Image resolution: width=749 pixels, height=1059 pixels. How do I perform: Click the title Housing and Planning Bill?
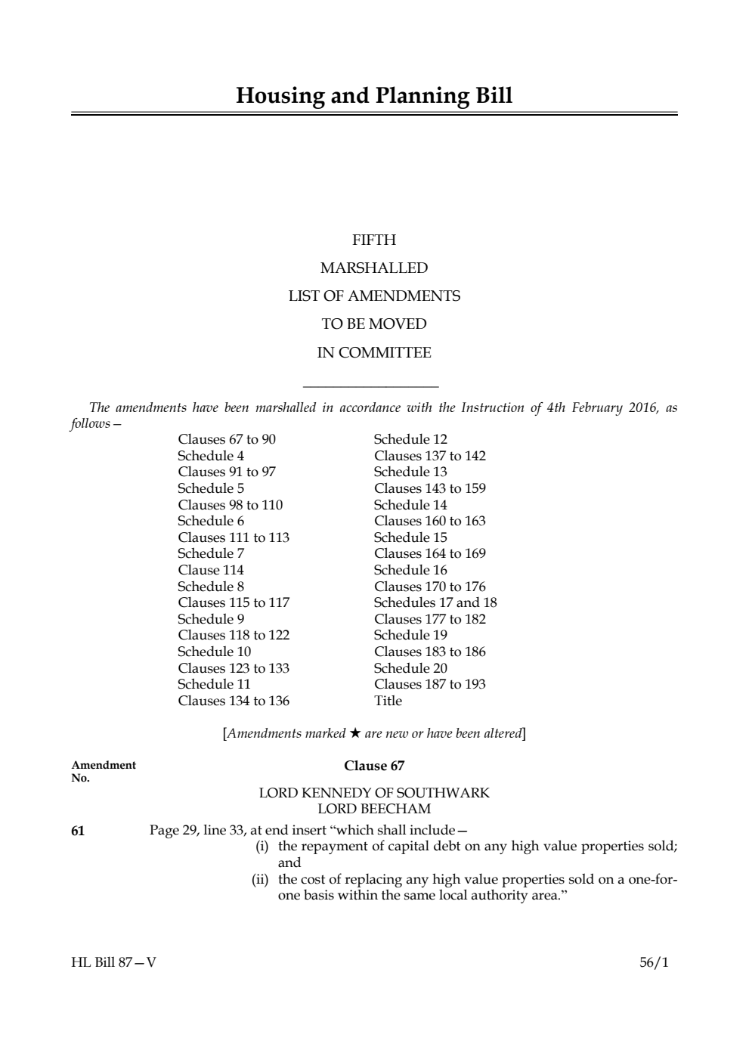(x=374, y=96)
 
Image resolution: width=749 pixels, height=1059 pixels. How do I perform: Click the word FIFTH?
(x=374, y=240)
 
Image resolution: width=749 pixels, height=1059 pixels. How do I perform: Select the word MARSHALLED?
(x=374, y=268)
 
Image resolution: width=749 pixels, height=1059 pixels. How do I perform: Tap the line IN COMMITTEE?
(x=374, y=353)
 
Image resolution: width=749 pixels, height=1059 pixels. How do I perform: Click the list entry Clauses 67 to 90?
(x=227, y=439)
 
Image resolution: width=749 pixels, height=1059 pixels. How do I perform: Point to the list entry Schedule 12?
(x=410, y=439)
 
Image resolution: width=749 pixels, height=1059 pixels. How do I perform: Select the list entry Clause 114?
(x=211, y=570)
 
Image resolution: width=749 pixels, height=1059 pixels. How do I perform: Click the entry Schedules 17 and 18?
(x=435, y=602)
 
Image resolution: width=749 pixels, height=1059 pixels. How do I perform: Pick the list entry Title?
(x=388, y=701)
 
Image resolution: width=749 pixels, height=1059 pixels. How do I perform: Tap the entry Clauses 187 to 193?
(x=429, y=684)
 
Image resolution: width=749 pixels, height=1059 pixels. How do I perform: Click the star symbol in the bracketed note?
(x=355, y=733)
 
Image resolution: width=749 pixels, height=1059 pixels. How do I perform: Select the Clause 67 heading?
(x=374, y=766)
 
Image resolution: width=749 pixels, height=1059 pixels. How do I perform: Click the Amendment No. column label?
(x=104, y=771)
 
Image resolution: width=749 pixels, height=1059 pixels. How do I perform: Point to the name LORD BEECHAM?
(x=374, y=809)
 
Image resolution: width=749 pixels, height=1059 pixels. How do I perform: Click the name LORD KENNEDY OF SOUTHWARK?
(x=374, y=793)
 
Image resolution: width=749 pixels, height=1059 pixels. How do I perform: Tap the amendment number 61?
(x=78, y=831)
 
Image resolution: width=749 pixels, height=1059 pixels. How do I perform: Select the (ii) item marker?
(x=262, y=879)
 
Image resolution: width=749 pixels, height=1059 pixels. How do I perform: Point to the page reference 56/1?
(x=654, y=963)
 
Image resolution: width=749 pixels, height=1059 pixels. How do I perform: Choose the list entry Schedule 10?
(x=215, y=652)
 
